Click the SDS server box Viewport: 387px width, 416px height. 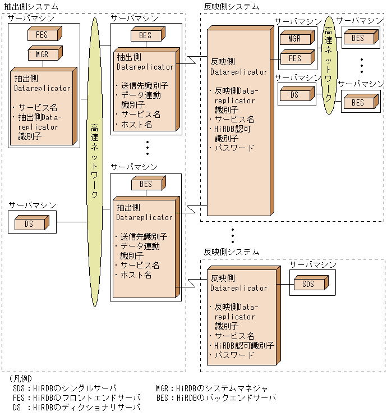308,284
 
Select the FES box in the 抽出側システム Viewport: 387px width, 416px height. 42,35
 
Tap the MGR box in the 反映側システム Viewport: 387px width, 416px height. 294,39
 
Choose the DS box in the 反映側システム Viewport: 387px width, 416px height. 294,95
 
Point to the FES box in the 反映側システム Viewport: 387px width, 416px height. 294,58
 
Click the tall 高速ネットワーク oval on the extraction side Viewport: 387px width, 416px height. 95,163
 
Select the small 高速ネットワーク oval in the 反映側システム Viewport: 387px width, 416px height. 329,65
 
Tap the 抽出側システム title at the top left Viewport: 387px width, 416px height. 31,6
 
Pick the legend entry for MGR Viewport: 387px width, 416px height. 212,388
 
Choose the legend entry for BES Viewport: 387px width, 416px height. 216,397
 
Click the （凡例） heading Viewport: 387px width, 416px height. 21,379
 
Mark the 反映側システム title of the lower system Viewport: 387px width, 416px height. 232,252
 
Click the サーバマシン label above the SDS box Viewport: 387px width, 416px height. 313,264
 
